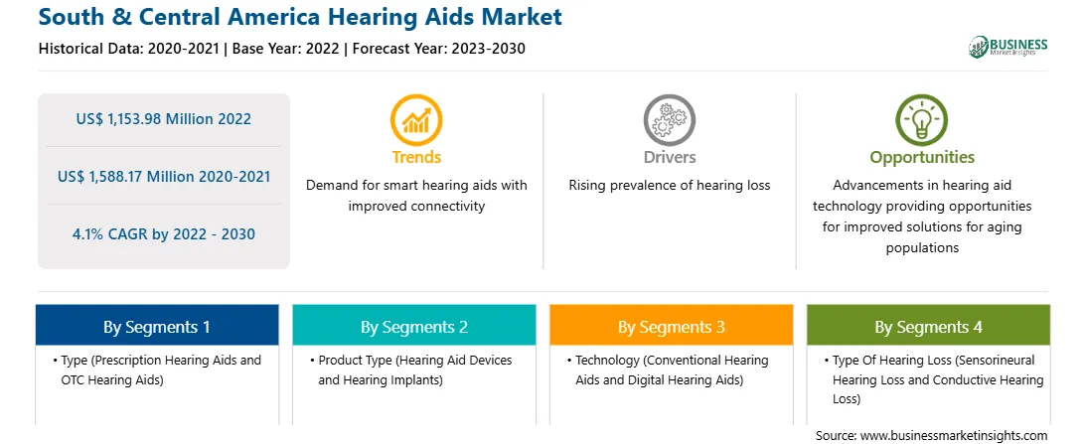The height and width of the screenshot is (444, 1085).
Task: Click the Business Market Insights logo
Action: [x=1007, y=47]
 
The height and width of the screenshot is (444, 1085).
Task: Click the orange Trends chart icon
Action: [x=416, y=120]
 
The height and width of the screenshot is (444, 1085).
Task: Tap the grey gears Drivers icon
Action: [x=669, y=120]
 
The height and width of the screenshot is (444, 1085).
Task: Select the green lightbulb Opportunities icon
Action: [x=922, y=120]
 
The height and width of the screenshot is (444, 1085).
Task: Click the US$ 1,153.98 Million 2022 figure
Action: [x=164, y=119]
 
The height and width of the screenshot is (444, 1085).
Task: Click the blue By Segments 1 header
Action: [x=157, y=327]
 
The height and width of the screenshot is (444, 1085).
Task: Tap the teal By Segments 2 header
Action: [x=413, y=327]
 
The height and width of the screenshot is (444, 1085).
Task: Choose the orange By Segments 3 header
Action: [x=672, y=327]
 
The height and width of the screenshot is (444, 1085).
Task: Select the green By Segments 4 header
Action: [x=929, y=327]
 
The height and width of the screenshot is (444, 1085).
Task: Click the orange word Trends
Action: [x=416, y=157]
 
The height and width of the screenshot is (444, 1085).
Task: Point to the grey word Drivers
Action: [x=669, y=157]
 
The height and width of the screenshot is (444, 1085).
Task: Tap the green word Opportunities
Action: [x=922, y=158]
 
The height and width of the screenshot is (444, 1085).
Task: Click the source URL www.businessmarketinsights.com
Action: [x=952, y=436]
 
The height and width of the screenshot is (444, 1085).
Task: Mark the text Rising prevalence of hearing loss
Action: [x=669, y=186]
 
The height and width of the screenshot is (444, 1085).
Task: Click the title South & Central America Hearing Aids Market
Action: [x=300, y=17]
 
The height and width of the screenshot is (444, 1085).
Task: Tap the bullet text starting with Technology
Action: [x=672, y=370]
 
